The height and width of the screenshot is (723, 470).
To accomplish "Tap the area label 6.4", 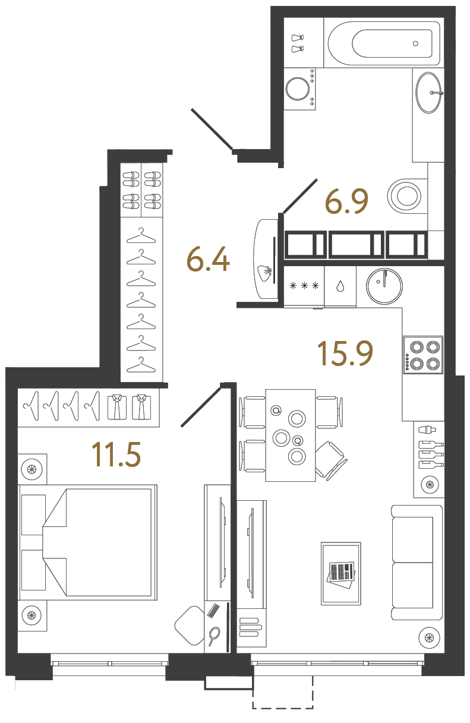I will click(x=208, y=259).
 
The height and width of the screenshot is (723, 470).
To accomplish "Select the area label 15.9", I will click(x=345, y=353).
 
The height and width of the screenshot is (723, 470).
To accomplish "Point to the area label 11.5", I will click(x=116, y=454).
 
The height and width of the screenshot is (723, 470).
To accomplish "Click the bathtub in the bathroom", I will click(x=383, y=43).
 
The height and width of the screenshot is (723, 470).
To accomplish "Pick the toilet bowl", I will click(x=406, y=195).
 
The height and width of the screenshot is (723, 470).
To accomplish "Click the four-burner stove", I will click(x=423, y=355).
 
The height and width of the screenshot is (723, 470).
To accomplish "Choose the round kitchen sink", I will click(x=383, y=286).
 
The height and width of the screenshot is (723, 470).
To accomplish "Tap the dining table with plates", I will click(x=290, y=435).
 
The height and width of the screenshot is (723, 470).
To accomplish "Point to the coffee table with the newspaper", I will click(x=340, y=573).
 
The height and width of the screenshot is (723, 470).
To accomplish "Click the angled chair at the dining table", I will click(x=330, y=459).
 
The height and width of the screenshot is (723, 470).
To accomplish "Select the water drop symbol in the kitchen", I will click(x=339, y=286).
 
